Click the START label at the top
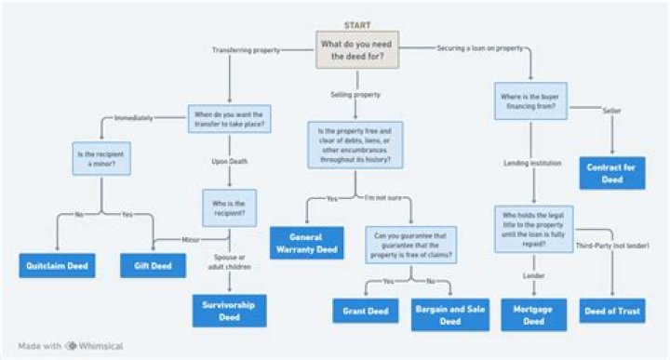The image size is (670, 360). pos(356,25)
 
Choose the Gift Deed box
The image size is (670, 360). pos(147,266)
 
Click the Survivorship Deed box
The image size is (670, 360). pos(229,310)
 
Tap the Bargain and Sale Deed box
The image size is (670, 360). pos(449,314)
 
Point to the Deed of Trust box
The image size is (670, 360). pos(611,310)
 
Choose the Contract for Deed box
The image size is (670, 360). pos(611,173)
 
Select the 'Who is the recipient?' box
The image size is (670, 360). pos(229,208)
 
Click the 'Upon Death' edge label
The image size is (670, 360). pos(229,162)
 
